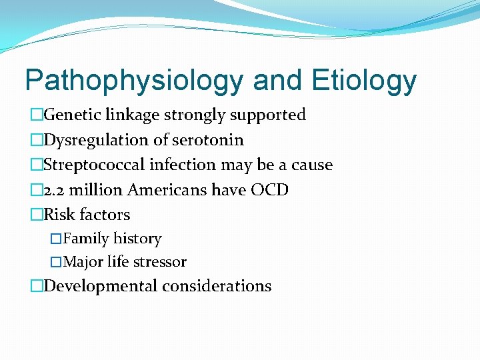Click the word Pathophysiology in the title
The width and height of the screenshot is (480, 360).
coord(134,81)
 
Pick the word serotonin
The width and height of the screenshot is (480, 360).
coord(209,140)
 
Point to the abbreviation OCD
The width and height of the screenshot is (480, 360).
coord(269,190)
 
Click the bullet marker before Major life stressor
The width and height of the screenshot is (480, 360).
coord(57,262)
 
